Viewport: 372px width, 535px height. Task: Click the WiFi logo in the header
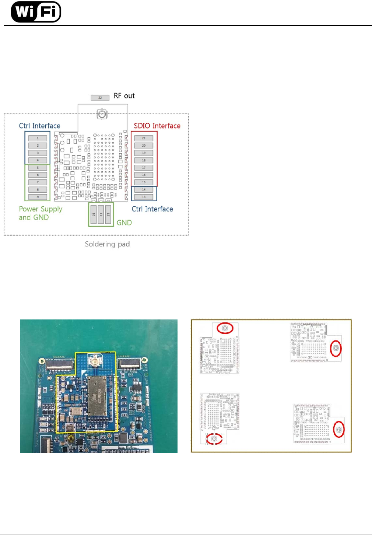36,12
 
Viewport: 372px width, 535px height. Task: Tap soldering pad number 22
100,98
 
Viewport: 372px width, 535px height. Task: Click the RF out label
124,96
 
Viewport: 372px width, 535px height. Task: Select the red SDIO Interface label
157,126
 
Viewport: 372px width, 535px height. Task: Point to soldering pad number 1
38,138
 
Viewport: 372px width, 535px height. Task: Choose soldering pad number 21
144,138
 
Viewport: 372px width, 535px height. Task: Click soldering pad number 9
38,197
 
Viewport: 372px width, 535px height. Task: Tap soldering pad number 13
144,197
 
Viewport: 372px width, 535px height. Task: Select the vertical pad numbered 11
101,214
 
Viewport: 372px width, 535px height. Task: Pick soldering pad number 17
144,168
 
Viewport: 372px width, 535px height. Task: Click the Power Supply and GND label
41,213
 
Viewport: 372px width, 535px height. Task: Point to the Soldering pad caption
107,244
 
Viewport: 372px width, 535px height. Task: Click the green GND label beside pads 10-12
124,223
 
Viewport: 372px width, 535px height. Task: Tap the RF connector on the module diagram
102,114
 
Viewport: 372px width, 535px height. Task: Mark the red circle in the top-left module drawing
225,328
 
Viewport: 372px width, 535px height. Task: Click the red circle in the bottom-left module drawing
214,439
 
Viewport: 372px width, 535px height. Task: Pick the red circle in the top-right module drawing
336,348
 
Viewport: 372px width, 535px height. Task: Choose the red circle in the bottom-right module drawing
339,429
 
